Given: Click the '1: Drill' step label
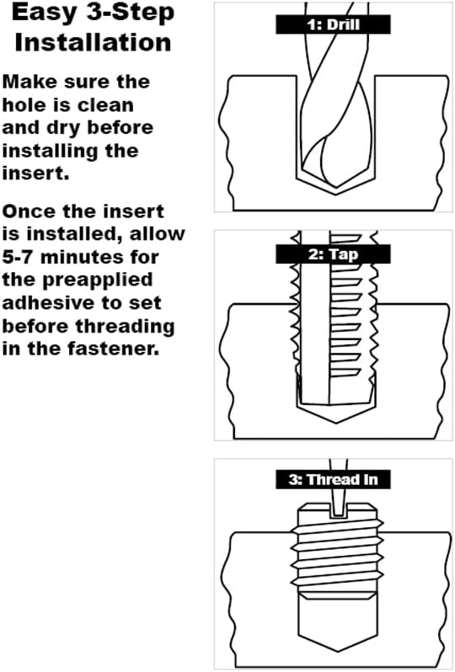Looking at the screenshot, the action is tap(333, 24).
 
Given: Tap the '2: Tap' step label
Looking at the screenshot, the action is tap(333, 254).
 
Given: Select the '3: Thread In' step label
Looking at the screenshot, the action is tap(333, 479).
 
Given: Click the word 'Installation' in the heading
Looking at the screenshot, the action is tap(93, 42).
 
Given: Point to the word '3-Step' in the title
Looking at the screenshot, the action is tap(131, 13).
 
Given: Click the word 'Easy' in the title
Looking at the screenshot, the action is tap(44, 13).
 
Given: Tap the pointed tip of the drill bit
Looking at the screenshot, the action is tap(336, 187).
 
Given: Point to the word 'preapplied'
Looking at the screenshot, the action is tap(98, 280).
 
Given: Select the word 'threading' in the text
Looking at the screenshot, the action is tap(126, 327).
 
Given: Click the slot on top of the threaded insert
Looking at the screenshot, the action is tap(339, 511).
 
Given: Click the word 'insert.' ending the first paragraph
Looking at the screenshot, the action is tap(35, 173).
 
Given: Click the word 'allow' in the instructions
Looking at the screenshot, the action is tap(158, 234).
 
